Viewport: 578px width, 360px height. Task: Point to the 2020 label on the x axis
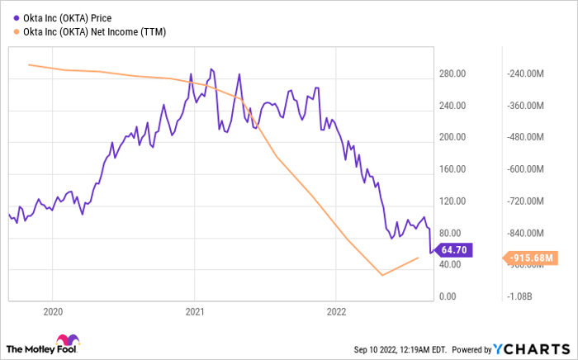point(51,312)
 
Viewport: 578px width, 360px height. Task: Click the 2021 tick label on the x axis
point(194,312)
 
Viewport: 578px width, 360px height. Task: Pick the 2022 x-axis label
point(336,312)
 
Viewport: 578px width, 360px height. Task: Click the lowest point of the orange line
point(382,275)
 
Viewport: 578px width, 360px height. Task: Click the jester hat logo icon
point(66,342)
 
